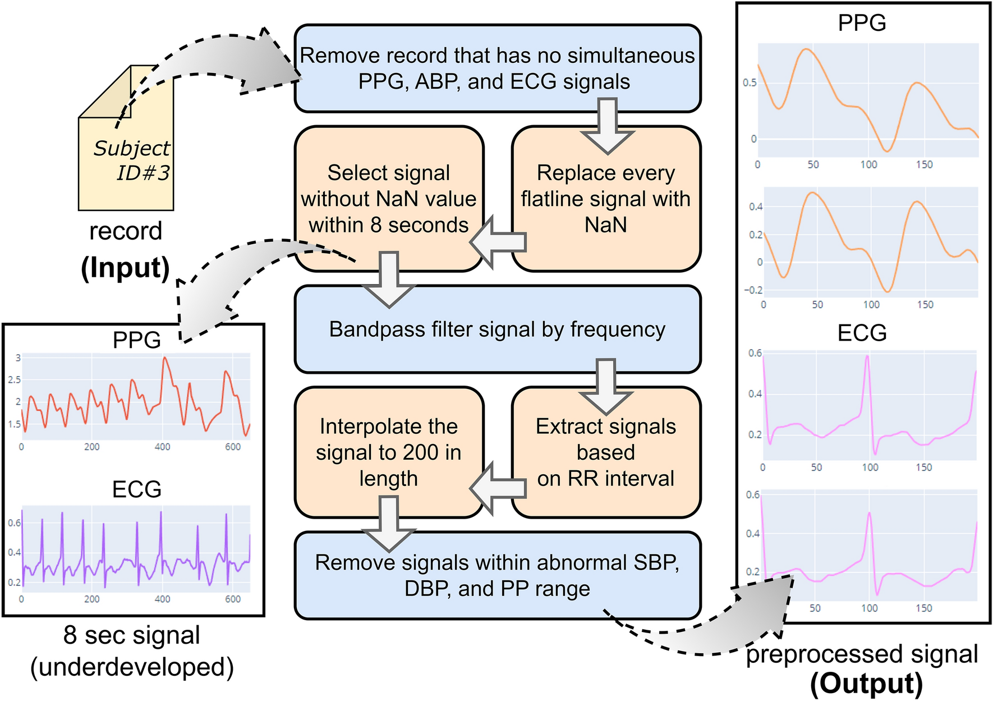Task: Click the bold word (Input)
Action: pyautogui.click(x=125, y=268)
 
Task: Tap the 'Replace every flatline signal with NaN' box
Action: pyautogui.click(x=606, y=199)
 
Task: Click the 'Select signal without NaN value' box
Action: pyautogui.click(x=388, y=199)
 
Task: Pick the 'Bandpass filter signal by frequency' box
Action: pyautogui.click(x=497, y=329)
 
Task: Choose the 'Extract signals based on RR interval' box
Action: pyautogui.click(x=606, y=452)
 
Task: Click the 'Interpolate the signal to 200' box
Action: pyautogui.click(x=388, y=452)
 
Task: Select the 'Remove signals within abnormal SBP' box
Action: pyautogui.click(x=497, y=575)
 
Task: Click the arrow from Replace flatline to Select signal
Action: pyautogui.click(x=498, y=242)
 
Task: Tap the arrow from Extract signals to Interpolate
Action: pyautogui.click(x=498, y=488)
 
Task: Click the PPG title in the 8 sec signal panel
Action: pyautogui.click(x=136, y=340)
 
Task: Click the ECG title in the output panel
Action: pyautogui.click(x=862, y=333)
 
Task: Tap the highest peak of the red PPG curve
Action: pyautogui.click(x=165, y=358)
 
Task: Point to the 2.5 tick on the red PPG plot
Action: pyautogui.click(x=15, y=380)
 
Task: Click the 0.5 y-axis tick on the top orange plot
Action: pyautogui.click(x=750, y=83)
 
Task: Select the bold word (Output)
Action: pyautogui.click(x=866, y=684)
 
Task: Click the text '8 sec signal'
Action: pyautogui.click(x=132, y=635)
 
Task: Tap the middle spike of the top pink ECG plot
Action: pyautogui.click(x=867, y=357)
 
